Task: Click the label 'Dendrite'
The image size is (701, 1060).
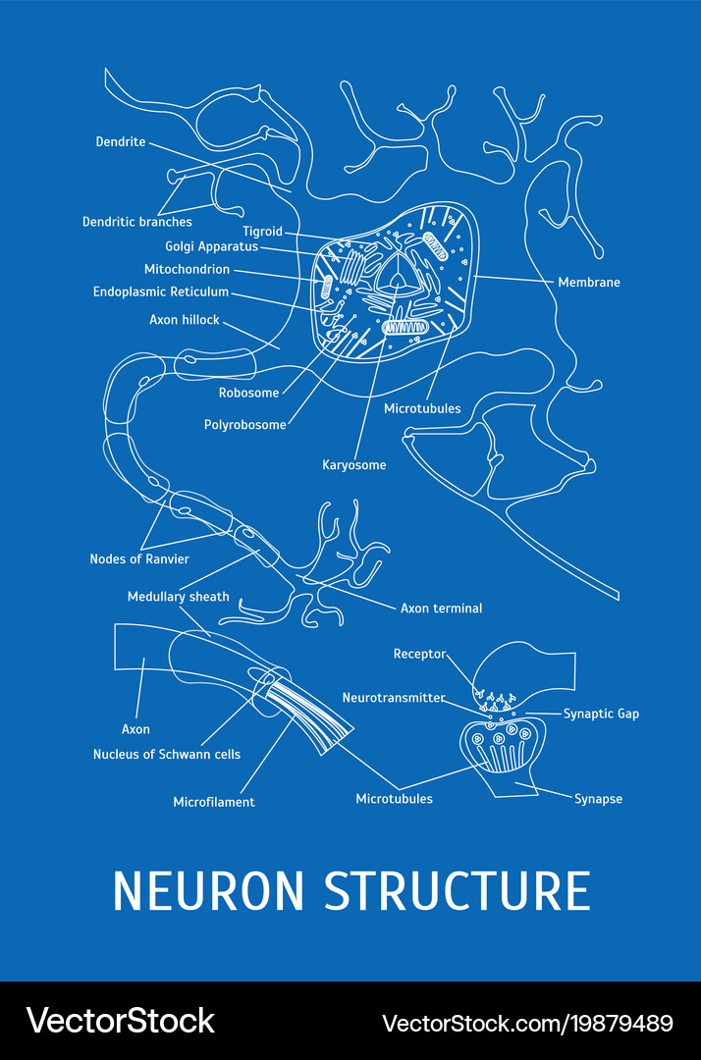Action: tap(121, 142)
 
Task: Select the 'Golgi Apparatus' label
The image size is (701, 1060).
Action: tap(211, 247)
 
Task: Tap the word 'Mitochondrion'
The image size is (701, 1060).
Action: tap(187, 270)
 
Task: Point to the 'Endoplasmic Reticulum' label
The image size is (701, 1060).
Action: tap(161, 292)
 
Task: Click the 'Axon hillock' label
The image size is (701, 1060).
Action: tap(185, 320)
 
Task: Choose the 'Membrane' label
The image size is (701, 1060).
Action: tap(589, 283)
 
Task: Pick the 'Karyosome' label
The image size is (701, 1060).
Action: tap(354, 465)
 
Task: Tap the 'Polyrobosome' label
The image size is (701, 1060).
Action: tap(245, 425)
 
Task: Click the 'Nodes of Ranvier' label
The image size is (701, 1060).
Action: tap(139, 559)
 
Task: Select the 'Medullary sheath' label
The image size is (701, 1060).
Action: tap(179, 597)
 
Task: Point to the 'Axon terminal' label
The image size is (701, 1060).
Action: tap(441, 609)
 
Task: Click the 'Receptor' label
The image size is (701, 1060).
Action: tap(419, 654)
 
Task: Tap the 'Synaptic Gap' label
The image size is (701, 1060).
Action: tap(601, 714)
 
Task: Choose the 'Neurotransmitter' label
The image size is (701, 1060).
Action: tap(394, 698)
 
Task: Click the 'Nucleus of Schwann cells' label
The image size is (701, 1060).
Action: tap(167, 755)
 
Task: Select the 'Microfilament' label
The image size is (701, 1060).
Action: tap(214, 802)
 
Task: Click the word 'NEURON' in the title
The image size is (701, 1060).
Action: tap(209, 890)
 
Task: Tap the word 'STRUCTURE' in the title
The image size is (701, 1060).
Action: tap(458, 890)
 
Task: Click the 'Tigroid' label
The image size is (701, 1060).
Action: tap(262, 232)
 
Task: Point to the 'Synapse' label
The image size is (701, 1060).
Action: tap(598, 799)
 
